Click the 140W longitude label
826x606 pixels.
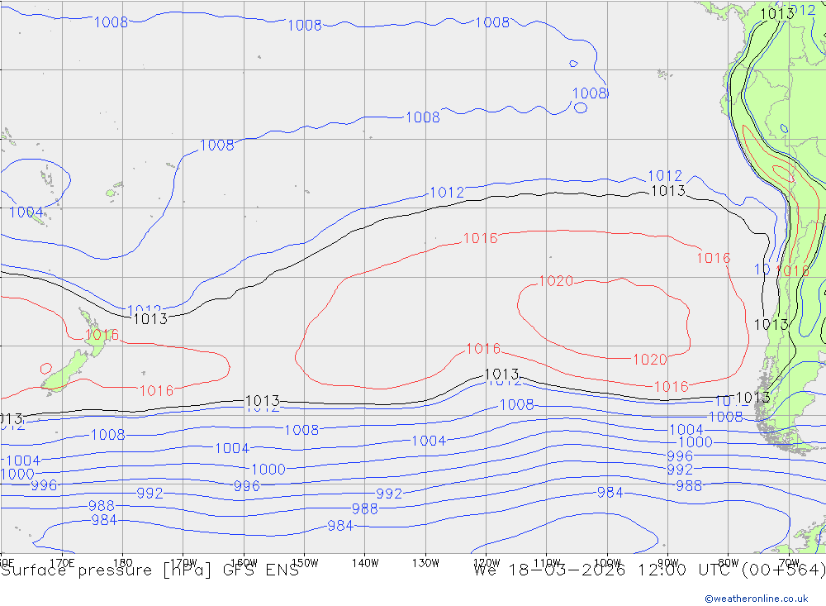tap(364, 562)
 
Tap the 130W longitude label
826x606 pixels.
tap(425, 562)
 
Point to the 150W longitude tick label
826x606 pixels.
tap(304, 562)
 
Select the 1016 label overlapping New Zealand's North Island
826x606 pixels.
tap(102, 335)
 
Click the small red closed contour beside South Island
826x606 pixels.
tap(45, 368)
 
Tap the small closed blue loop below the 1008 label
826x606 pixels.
tap(581, 107)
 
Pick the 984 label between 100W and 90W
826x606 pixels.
tap(610, 493)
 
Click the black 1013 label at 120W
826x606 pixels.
tap(501, 375)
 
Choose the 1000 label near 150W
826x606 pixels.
tap(268, 469)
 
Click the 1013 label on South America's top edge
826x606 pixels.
tap(776, 13)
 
